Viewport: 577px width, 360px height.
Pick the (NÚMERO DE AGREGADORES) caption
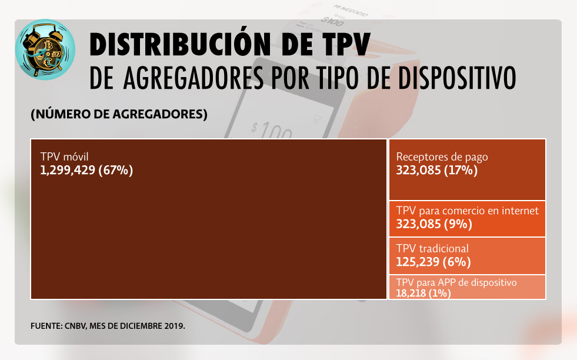[x=119, y=114]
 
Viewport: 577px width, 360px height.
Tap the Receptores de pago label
[x=442, y=157]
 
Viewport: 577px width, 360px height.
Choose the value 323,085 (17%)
[x=437, y=171]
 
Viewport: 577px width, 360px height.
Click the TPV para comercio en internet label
[x=468, y=211]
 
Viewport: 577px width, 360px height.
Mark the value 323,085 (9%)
[x=434, y=224]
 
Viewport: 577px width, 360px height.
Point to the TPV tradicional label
[x=432, y=249]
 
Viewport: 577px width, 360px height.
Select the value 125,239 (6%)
[x=433, y=262]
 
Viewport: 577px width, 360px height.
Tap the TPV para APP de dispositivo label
[x=456, y=283]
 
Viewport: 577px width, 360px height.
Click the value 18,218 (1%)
[x=423, y=293]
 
